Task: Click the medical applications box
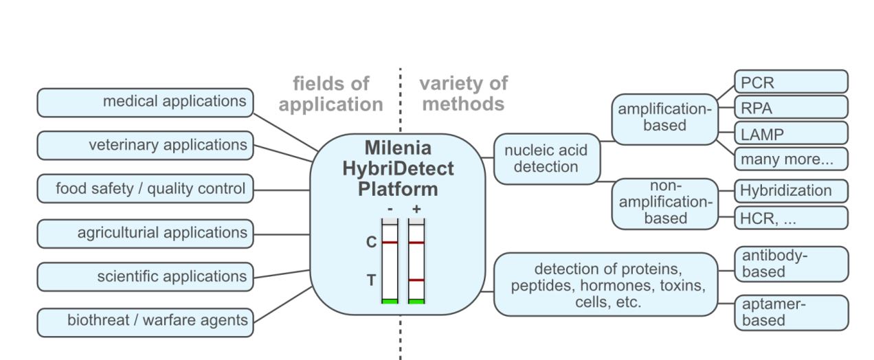coord(145,102)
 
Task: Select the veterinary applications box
coord(145,146)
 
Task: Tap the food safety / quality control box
coord(145,189)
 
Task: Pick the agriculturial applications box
coord(145,233)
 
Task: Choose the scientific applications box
coord(145,277)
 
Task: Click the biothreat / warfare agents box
coord(145,321)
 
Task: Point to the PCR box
coord(791,82)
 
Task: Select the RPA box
coord(791,108)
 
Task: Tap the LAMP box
coord(791,133)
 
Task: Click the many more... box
coord(791,159)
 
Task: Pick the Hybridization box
coord(791,191)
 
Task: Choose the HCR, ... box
coord(791,217)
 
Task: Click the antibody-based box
coord(791,264)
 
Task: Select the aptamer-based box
coord(791,313)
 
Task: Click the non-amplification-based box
coord(664,203)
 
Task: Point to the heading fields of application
coord(331,94)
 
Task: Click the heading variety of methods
coord(463,94)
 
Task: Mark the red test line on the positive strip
coord(416,280)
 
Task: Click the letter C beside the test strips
coord(370,243)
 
